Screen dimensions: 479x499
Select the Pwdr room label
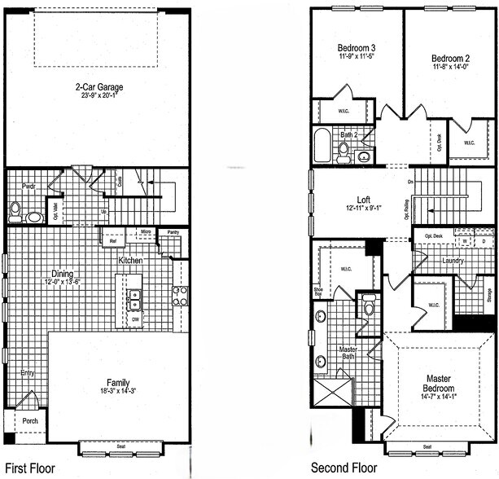tap(18, 187)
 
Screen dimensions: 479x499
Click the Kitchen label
tap(131, 261)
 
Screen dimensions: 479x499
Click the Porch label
tap(29, 421)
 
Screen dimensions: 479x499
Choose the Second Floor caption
tap(344, 468)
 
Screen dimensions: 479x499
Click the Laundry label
tap(453, 261)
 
